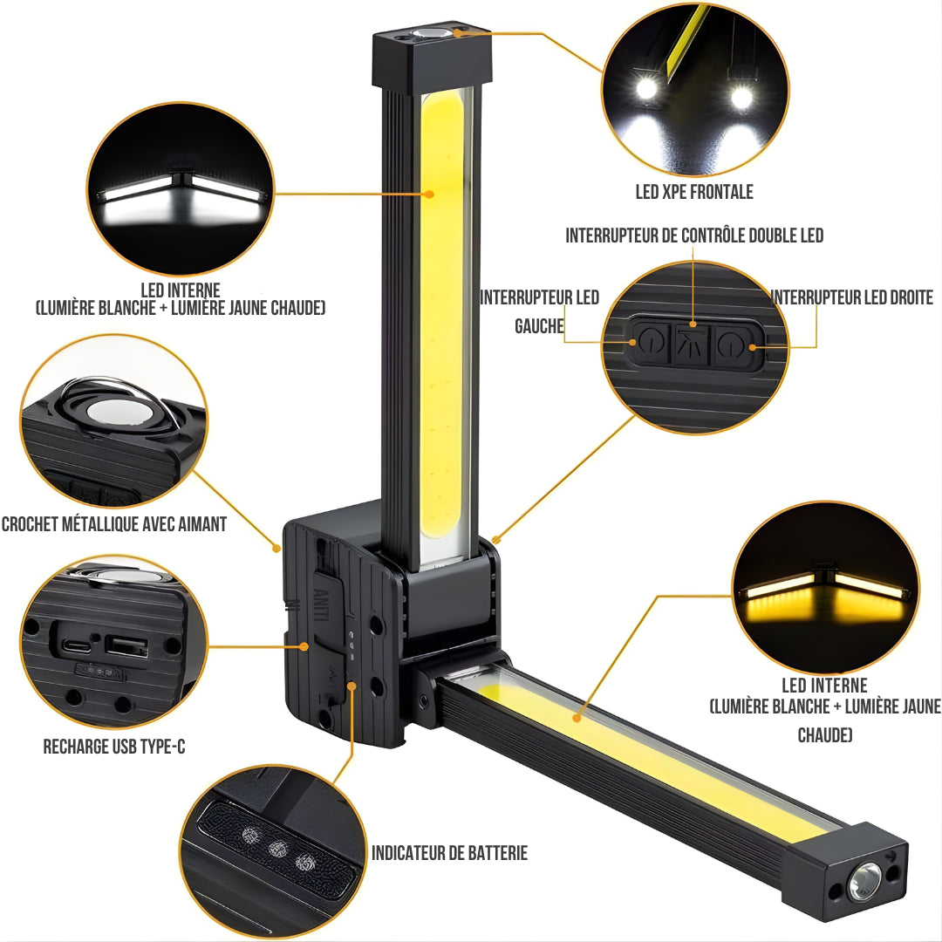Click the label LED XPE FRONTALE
(x=694, y=192)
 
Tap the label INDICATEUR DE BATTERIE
(x=449, y=852)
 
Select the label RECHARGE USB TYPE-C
(x=114, y=746)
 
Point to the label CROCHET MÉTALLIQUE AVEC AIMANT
(x=114, y=524)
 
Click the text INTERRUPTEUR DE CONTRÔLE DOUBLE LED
(x=694, y=235)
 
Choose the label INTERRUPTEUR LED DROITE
(x=852, y=297)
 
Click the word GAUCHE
(x=540, y=326)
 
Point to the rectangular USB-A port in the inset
(x=126, y=646)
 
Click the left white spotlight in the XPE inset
(x=646, y=88)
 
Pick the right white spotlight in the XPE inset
(x=741, y=96)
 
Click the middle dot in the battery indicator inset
(x=277, y=849)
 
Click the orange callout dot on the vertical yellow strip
(x=428, y=194)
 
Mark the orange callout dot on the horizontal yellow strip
(x=577, y=718)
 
